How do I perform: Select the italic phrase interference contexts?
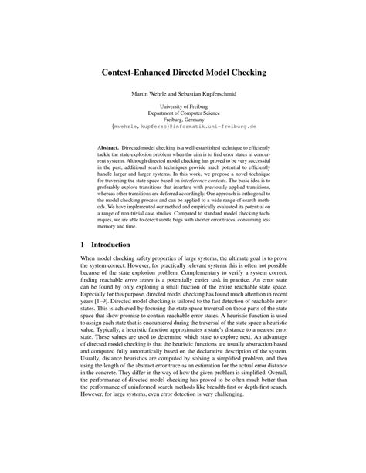tap(220, 184)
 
